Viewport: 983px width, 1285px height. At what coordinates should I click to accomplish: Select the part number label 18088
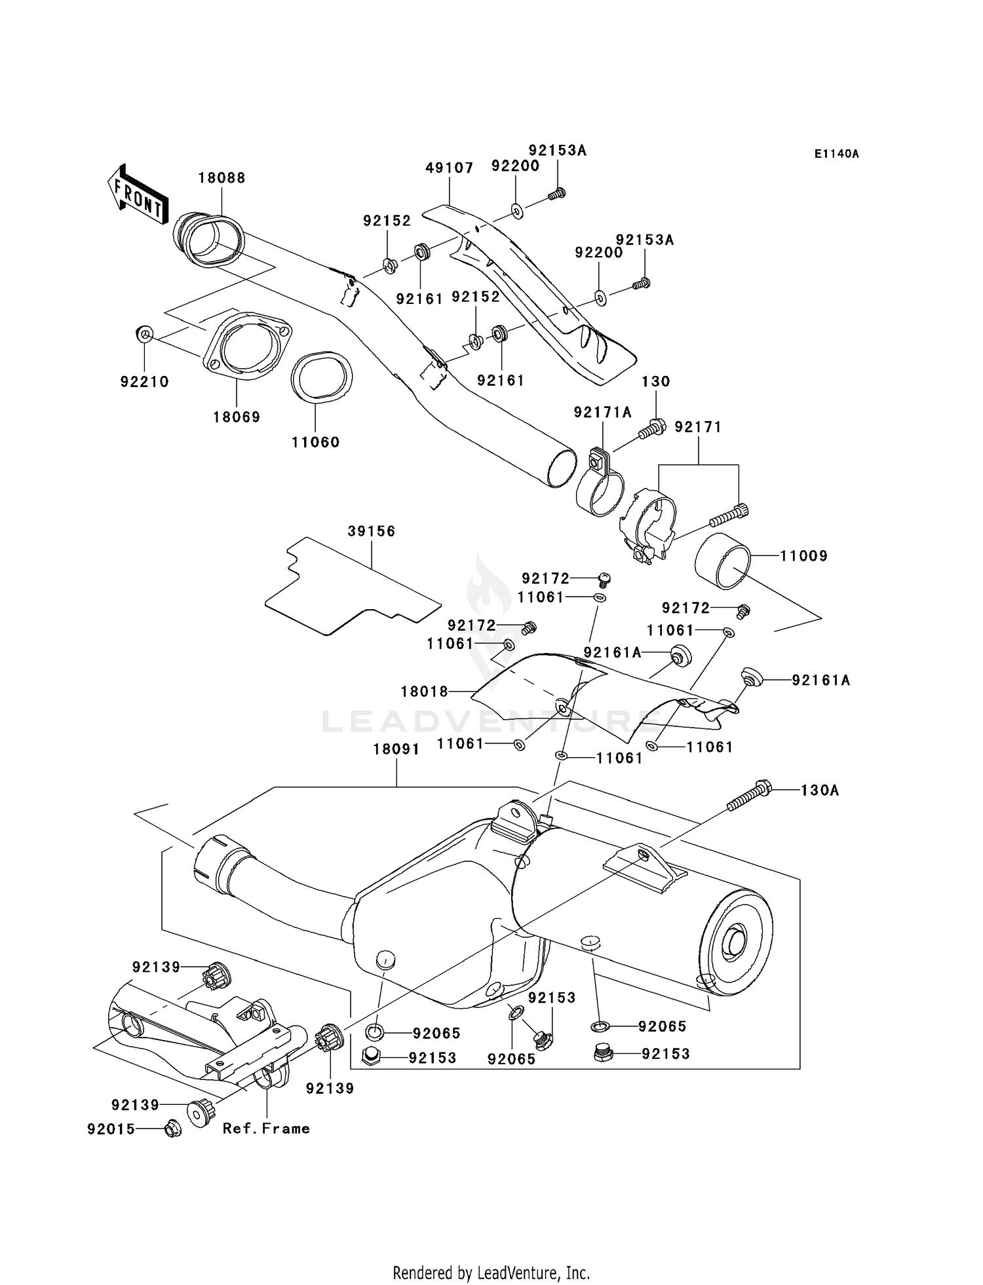(x=222, y=178)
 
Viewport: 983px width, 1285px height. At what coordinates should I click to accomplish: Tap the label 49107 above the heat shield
(x=449, y=168)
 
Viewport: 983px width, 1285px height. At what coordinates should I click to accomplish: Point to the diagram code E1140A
(x=836, y=154)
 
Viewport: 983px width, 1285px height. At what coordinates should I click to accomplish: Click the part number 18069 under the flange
(x=236, y=417)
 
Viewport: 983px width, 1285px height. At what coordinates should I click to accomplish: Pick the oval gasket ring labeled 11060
(x=321, y=377)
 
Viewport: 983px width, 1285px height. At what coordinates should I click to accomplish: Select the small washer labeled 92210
(x=145, y=335)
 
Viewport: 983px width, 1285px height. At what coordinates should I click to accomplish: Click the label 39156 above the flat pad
(x=371, y=531)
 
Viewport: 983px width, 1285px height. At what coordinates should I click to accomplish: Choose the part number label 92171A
(x=602, y=412)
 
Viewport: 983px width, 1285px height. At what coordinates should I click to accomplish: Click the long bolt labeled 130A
(x=749, y=795)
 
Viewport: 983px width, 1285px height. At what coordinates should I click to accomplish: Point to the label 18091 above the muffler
(x=396, y=749)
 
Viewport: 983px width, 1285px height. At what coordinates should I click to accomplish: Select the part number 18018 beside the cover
(x=424, y=691)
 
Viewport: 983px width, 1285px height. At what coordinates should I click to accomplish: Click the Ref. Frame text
(x=266, y=1128)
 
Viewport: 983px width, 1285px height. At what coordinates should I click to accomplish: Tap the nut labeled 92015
(x=172, y=1128)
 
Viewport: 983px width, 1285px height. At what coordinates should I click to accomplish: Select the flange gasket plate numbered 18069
(x=248, y=347)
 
